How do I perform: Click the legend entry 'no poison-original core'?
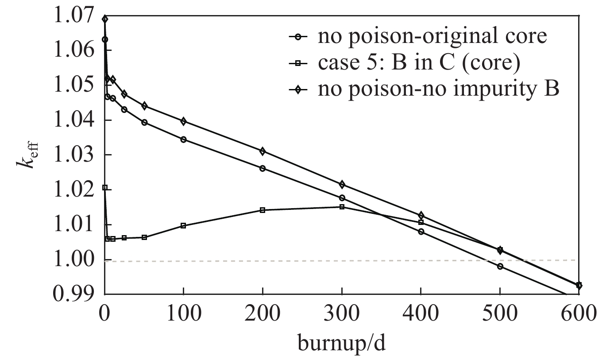point(432,37)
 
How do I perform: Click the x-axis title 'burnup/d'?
point(342,342)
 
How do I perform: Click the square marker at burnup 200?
point(263,210)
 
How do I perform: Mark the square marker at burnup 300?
point(342,207)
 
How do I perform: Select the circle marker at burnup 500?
point(500,266)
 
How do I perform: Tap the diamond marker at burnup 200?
point(263,151)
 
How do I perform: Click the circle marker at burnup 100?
point(183,139)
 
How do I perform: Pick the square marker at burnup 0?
point(105,188)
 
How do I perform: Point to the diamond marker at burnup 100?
point(183,121)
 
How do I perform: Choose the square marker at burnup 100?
point(183,225)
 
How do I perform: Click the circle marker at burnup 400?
point(421,231)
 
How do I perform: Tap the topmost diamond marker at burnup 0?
point(105,19)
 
